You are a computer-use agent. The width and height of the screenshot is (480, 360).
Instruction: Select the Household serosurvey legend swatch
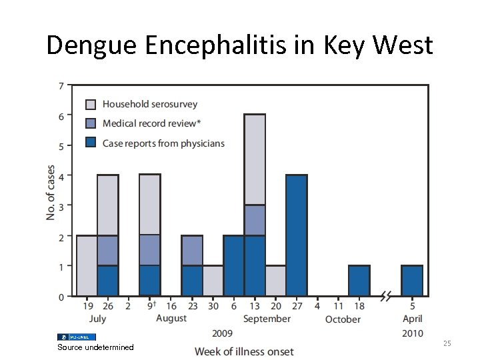(x=91, y=105)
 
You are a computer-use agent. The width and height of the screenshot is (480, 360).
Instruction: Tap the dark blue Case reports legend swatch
(x=91, y=143)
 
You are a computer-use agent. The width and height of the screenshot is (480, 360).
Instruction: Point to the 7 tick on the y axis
(x=61, y=86)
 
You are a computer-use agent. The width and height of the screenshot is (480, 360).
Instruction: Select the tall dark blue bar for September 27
(x=296, y=235)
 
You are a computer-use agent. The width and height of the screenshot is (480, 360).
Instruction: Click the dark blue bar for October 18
(x=359, y=281)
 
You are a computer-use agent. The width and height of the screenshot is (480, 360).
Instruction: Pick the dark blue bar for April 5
(x=412, y=281)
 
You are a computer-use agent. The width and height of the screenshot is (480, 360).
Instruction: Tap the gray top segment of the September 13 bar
(x=255, y=159)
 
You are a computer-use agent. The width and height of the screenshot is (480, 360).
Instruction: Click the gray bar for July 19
(x=87, y=265)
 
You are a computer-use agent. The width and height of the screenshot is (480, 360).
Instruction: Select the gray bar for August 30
(x=213, y=281)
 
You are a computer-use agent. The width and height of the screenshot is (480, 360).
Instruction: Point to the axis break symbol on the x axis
(x=385, y=296)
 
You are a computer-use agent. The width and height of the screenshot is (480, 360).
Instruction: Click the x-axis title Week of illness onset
(x=244, y=351)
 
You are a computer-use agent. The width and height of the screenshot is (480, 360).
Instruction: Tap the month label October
(x=343, y=319)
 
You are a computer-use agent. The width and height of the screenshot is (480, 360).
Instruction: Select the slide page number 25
(x=447, y=343)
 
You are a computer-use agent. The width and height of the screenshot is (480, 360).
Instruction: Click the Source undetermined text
(x=95, y=347)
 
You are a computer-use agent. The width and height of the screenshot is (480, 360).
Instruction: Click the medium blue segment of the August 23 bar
(x=192, y=251)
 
